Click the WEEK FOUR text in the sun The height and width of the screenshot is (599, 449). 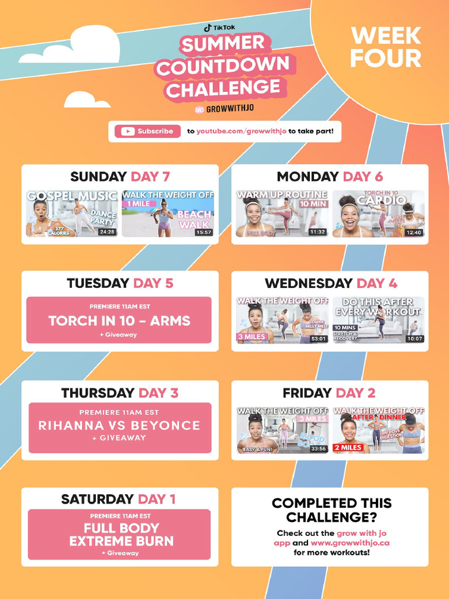tap(385, 47)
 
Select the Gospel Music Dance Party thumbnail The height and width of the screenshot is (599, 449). tap(72, 214)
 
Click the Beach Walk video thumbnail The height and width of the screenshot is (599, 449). tap(168, 214)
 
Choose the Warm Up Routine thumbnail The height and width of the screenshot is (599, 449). tap(281, 214)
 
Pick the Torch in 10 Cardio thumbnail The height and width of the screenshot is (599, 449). tap(378, 214)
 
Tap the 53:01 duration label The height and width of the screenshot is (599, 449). tap(319, 339)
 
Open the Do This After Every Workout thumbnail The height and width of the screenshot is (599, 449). tap(378, 320)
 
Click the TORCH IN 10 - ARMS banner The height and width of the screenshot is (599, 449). tap(119, 320)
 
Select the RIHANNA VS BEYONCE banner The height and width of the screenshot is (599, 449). tap(120, 427)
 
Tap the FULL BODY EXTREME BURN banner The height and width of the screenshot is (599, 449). tap(119, 534)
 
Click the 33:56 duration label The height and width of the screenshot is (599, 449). tap(319, 449)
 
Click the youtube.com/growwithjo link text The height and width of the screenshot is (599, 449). tap(241, 131)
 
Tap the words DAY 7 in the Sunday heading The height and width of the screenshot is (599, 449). tap(150, 177)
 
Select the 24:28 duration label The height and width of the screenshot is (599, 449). tap(107, 232)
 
